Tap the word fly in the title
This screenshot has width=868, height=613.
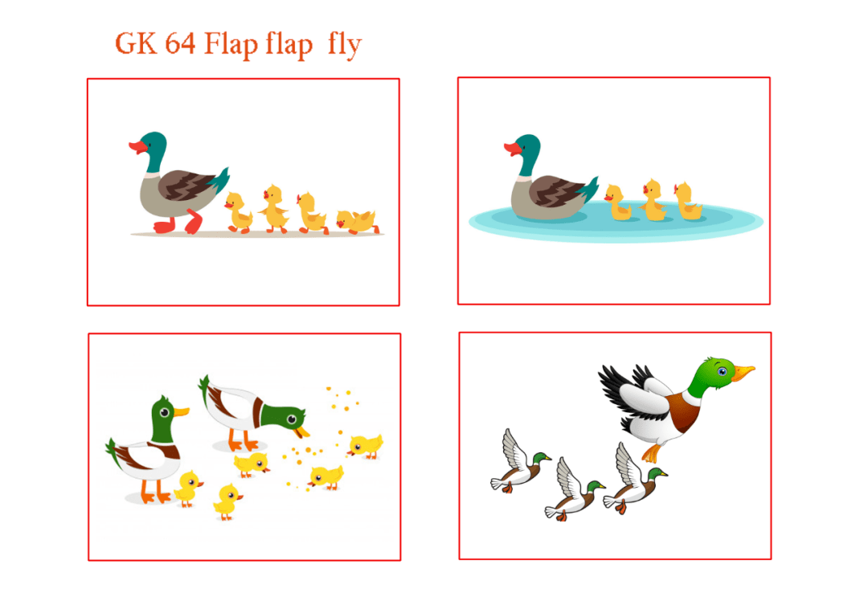[x=345, y=45]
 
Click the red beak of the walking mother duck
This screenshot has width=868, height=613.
[x=137, y=147]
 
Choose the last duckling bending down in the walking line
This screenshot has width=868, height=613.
[x=358, y=222]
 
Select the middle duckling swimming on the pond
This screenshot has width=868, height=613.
[x=653, y=201]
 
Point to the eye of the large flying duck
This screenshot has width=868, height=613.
[x=723, y=370]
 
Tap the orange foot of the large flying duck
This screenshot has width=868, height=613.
[x=652, y=454]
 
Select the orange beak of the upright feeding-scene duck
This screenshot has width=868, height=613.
[x=182, y=411]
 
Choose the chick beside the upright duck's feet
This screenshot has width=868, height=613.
[x=188, y=487]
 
